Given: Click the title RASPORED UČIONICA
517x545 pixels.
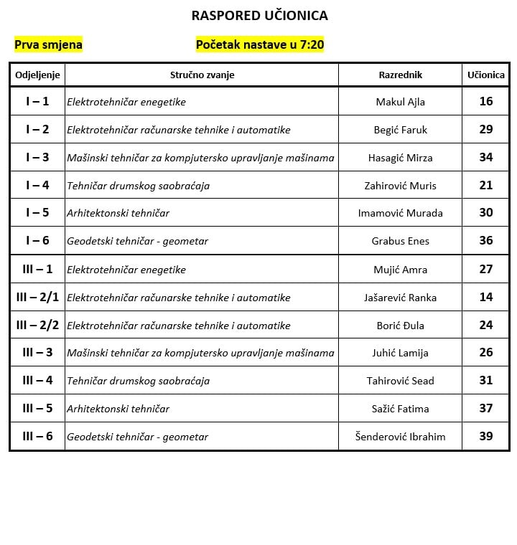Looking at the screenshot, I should pyautogui.click(x=260, y=15).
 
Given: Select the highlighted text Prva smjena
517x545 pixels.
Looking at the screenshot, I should pyautogui.click(x=48, y=44).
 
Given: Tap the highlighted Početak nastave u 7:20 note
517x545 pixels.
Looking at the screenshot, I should pyautogui.click(x=260, y=44).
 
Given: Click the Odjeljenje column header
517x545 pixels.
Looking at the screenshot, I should pyautogui.click(x=37, y=75).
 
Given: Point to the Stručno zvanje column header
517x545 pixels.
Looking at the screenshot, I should pyautogui.click(x=202, y=75).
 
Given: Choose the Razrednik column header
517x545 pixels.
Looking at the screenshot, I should pyautogui.click(x=400, y=75).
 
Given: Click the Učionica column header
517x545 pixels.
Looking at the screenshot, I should pyautogui.click(x=486, y=75).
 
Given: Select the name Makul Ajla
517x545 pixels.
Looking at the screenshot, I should pyautogui.click(x=400, y=102).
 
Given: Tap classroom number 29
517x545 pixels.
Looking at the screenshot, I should pyautogui.click(x=486, y=129).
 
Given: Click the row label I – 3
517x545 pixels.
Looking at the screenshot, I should pyautogui.click(x=37, y=157).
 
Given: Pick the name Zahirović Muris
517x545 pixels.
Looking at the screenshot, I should pyautogui.click(x=400, y=186).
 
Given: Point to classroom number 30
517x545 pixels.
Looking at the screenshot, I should pyautogui.click(x=486, y=212).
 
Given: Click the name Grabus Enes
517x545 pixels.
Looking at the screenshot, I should pyautogui.click(x=400, y=241).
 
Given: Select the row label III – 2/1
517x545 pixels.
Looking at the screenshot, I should pyautogui.click(x=37, y=297).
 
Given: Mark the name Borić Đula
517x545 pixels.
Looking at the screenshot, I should pyautogui.click(x=400, y=326).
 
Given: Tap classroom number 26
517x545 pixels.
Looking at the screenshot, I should pyautogui.click(x=486, y=352).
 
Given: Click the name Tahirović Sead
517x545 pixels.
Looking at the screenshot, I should pyautogui.click(x=400, y=381).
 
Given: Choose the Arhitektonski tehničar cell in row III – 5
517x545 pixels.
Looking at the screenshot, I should pyautogui.click(x=118, y=409).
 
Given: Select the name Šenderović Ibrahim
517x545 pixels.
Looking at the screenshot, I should pyautogui.click(x=400, y=437).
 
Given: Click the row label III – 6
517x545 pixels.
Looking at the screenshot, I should pyautogui.click(x=37, y=436).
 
